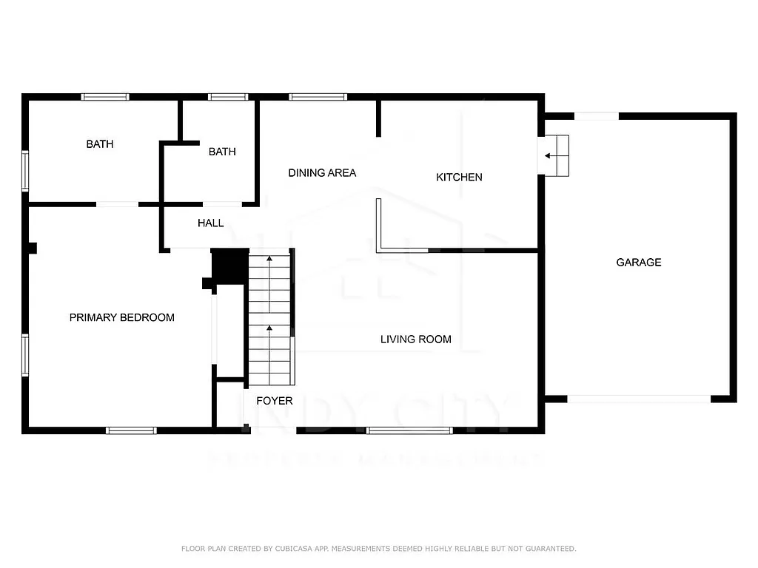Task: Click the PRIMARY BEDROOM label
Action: point(121,317)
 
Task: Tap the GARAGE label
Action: point(638,262)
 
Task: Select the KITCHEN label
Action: point(459,177)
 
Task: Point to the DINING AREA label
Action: point(322,173)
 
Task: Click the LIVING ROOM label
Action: point(415,339)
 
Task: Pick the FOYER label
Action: point(274,401)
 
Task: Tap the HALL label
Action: point(210,223)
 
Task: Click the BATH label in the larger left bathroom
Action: point(100,144)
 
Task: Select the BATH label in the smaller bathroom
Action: point(222,152)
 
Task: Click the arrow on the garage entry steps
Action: point(549,155)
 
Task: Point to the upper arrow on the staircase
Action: point(269,260)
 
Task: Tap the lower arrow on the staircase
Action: point(269,328)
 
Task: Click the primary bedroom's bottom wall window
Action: point(131,430)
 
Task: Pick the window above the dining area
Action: point(318,97)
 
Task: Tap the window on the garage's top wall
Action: point(597,116)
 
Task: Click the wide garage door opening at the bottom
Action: point(639,399)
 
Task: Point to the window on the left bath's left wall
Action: point(25,171)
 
